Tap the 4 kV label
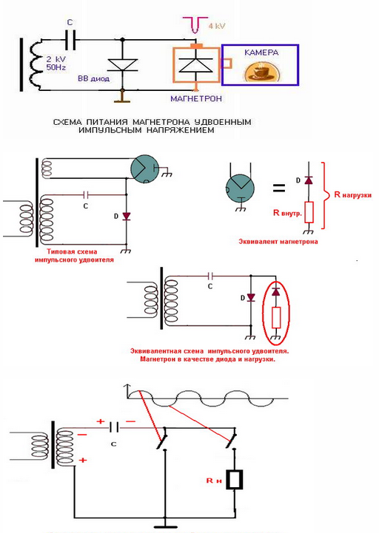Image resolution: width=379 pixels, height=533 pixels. (x=217, y=26)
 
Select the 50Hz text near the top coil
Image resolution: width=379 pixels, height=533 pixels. (x=56, y=67)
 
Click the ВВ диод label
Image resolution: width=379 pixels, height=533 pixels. (x=94, y=78)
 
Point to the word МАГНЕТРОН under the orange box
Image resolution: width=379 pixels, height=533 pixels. (x=196, y=98)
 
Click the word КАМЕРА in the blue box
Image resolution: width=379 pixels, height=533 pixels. (x=261, y=52)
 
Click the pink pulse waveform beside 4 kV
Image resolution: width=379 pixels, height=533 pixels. (x=195, y=24)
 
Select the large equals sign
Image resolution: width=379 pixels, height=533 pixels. (x=278, y=188)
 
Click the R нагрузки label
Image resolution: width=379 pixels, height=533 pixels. (x=353, y=194)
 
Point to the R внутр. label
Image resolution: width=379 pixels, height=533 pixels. (x=287, y=213)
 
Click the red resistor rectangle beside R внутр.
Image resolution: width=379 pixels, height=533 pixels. (x=309, y=212)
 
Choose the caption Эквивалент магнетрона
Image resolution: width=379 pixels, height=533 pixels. (x=278, y=242)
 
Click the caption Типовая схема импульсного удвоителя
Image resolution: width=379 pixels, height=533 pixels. (x=73, y=256)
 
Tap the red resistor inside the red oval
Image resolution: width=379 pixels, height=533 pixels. (x=276, y=317)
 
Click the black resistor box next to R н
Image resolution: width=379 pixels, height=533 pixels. (x=235, y=480)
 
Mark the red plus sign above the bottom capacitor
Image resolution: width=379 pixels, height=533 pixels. (x=101, y=421)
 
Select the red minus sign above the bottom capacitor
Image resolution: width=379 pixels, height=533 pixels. (x=130, y=421)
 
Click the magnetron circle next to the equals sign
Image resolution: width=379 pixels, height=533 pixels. (x=241, y=188)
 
